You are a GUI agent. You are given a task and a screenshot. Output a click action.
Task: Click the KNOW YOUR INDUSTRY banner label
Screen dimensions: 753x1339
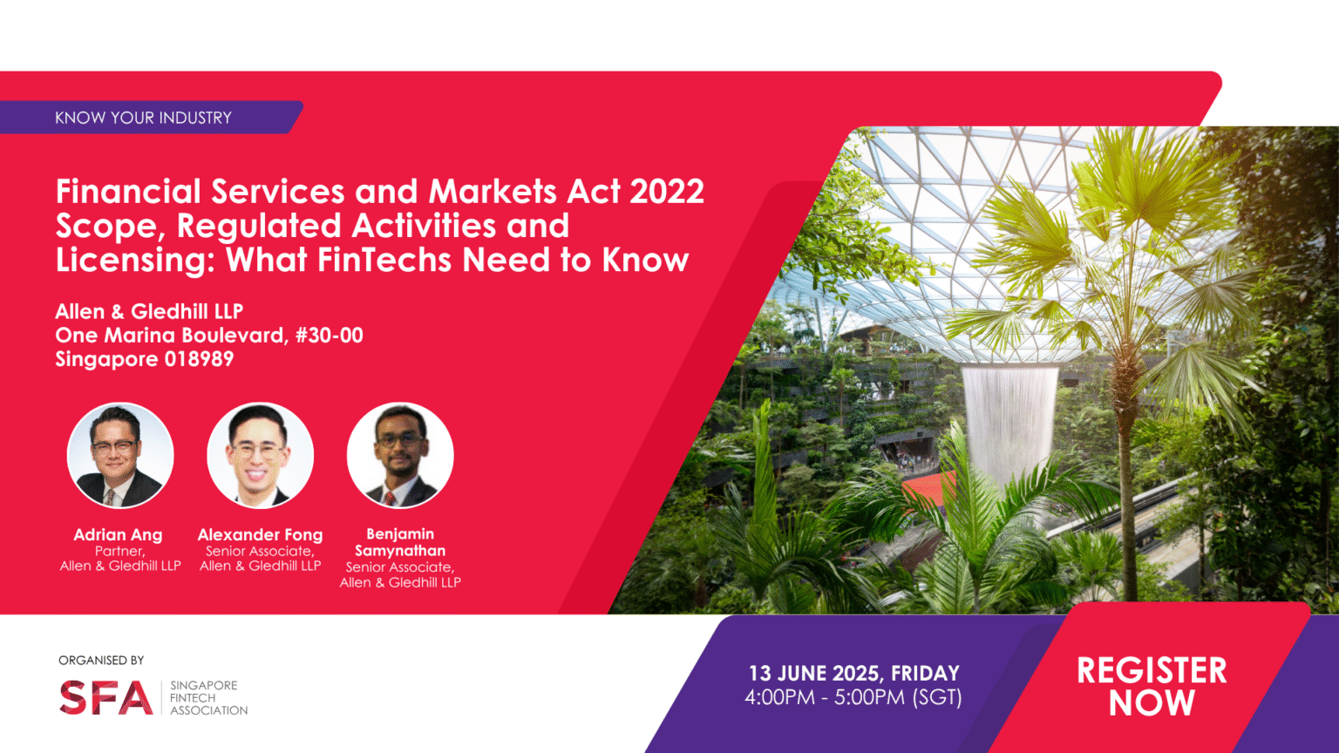143,118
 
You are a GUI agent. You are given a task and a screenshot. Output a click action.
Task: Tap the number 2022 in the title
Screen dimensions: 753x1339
667,192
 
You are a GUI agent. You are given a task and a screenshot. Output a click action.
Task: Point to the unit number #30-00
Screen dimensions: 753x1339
330,336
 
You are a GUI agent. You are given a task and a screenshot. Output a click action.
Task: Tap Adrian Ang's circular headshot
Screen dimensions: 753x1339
120,455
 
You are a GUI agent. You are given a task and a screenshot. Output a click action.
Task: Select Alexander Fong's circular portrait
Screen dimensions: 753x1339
260,455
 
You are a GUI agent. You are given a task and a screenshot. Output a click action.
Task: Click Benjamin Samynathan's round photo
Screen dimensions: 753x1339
400,455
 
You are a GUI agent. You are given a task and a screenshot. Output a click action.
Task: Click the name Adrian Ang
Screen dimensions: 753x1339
118,535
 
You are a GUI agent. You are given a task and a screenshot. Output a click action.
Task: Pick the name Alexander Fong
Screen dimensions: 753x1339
260,535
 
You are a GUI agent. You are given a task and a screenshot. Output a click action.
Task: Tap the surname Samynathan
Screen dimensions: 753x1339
400,551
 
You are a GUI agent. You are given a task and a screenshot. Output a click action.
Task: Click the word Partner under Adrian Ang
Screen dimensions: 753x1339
119,551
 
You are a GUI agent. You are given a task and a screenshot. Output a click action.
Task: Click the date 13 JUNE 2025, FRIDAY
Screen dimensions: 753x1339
853,673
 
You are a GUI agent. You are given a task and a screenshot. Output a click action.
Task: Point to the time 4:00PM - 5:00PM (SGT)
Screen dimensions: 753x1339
853,697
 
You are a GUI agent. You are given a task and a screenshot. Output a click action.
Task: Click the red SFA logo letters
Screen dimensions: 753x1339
105,698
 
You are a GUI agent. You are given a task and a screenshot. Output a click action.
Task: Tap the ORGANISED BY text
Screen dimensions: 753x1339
101,661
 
